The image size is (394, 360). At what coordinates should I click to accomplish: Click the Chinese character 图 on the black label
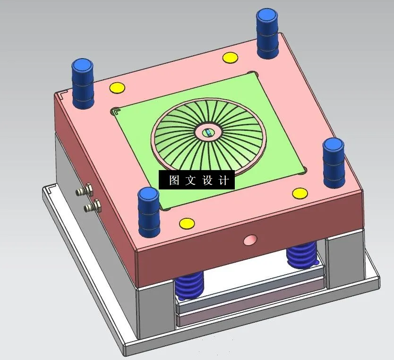coord(174,180)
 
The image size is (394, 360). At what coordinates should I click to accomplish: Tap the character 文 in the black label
coord(190,180)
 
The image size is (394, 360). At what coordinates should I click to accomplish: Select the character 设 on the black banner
coord(207,180)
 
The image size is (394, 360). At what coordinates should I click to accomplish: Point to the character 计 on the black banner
coord(224,180)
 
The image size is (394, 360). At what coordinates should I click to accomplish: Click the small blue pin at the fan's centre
coord(208,133)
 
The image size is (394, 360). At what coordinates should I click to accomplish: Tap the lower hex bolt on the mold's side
coord(93,206)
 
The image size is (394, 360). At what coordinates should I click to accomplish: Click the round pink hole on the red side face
coord(250,240)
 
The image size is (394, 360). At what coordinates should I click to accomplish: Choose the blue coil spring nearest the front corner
coord(189,286)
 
